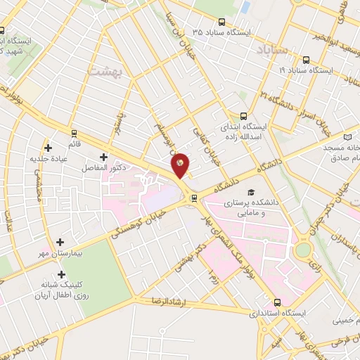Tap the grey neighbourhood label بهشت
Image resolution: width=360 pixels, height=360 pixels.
[105, 70]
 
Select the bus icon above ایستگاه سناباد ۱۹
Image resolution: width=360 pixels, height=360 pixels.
[306, 60]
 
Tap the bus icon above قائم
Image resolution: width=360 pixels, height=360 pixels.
[74, 132]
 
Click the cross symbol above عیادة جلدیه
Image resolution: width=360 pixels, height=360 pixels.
[48, 148]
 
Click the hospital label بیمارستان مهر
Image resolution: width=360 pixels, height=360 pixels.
[63, 252]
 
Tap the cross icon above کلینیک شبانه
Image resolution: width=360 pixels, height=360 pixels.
[62, 274]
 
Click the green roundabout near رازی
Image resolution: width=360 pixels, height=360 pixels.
[303, 250]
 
